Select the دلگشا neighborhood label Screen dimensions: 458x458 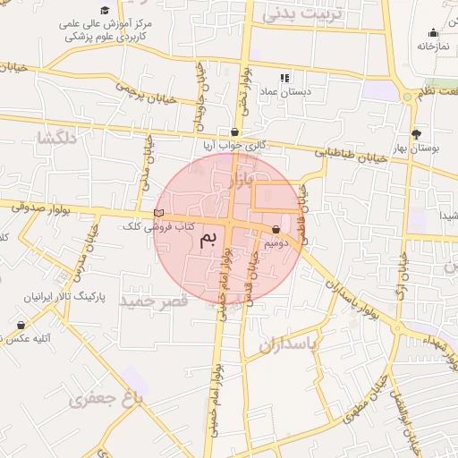[56, 138]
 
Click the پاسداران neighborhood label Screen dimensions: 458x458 [289, 343]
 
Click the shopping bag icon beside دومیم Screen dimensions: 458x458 [275, 230]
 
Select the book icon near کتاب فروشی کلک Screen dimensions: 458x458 [159, 213]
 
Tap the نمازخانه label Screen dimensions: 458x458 [431, 45]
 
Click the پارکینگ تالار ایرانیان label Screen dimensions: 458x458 [68, 296]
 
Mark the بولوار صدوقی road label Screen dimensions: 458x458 [42, 208]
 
